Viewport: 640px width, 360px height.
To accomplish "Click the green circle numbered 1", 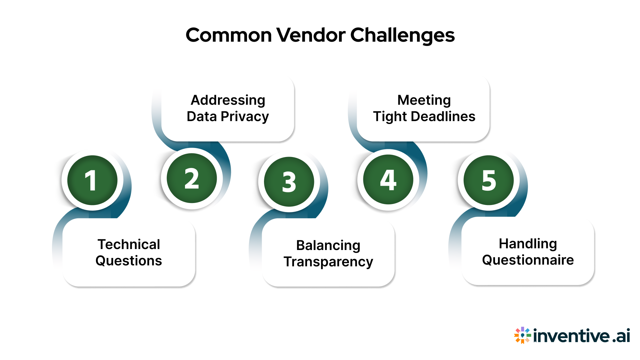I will [92, 180].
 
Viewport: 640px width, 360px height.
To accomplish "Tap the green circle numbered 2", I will [192, 178].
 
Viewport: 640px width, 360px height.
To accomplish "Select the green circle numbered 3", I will [289, 182].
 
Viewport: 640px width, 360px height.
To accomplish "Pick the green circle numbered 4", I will [388, 180].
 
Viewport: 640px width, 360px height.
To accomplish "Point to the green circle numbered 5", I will [489, 180].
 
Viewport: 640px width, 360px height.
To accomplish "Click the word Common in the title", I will [229, 35].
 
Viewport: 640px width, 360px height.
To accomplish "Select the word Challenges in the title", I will [402, 35].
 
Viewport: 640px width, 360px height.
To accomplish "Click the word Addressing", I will [228, 100].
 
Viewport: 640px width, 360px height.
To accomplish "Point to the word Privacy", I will [245, 117].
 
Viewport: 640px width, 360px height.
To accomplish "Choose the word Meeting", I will [424, 100].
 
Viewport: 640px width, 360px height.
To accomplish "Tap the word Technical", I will [129, 244].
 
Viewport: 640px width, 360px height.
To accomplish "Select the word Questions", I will [129, 261].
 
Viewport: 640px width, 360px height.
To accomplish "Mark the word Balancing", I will [328, 246].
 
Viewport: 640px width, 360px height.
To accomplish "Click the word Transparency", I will [328, 262].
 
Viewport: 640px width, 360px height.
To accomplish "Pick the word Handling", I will [528, 244].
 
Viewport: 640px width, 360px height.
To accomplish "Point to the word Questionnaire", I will [528, 260].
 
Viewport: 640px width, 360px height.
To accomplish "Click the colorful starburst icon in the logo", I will [522, 335].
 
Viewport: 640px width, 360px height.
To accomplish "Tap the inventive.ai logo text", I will [581, 336].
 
